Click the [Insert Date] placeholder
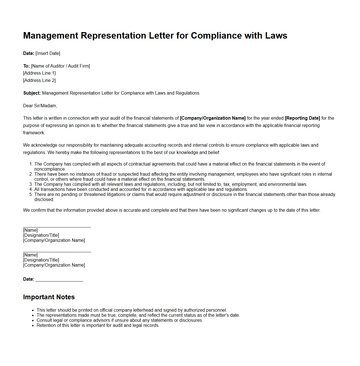coord(48,53)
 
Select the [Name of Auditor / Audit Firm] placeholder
coord(60,66)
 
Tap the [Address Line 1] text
coord(39,73)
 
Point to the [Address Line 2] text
coord(39,81)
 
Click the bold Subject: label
coord(32,93)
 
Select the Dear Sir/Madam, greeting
coord(40,106)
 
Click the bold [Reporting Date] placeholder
coord(302,118)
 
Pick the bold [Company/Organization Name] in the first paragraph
coord(213,118)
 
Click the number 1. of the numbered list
coord(31,164)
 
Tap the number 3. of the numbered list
coord(31,184)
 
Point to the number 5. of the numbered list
coord(31,195)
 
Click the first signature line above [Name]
coord(57,227)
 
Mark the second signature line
coord(57,252)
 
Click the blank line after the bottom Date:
coord(59,280)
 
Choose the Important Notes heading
coord(49,297)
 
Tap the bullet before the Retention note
coord(33,325)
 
